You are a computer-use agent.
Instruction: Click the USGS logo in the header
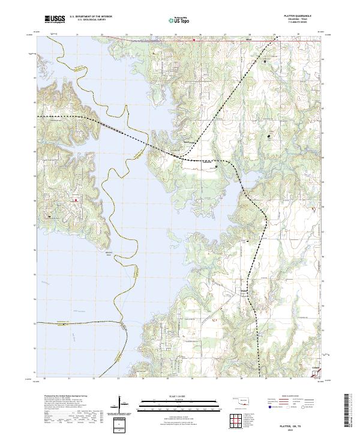[55, 20]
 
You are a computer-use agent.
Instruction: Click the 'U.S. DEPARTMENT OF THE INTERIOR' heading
[91, 17]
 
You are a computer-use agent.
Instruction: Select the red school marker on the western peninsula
[76, 200]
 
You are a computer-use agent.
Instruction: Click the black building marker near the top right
[265, 61]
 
